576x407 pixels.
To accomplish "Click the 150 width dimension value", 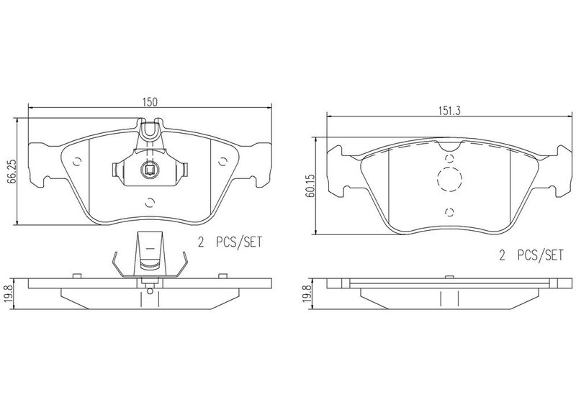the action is pos(150,102).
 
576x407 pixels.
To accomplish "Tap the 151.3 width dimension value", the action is pos(449,111).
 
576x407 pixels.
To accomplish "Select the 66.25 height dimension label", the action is pos(12,172).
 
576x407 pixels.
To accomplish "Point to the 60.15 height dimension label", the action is pos(310,186).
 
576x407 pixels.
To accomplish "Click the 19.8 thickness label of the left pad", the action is pos(10,294).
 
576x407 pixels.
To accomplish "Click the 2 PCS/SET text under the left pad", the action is pos(230,242).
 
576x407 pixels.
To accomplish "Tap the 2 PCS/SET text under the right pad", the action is pos(531,255).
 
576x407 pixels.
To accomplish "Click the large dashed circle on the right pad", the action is pos(449,179).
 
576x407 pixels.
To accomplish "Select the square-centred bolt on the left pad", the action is pos(149,170).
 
